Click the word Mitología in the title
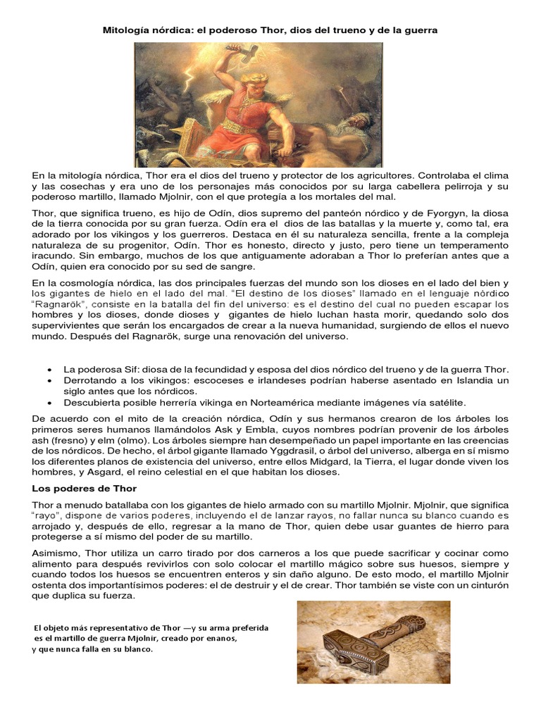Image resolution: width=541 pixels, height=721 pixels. tap(127, 31)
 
